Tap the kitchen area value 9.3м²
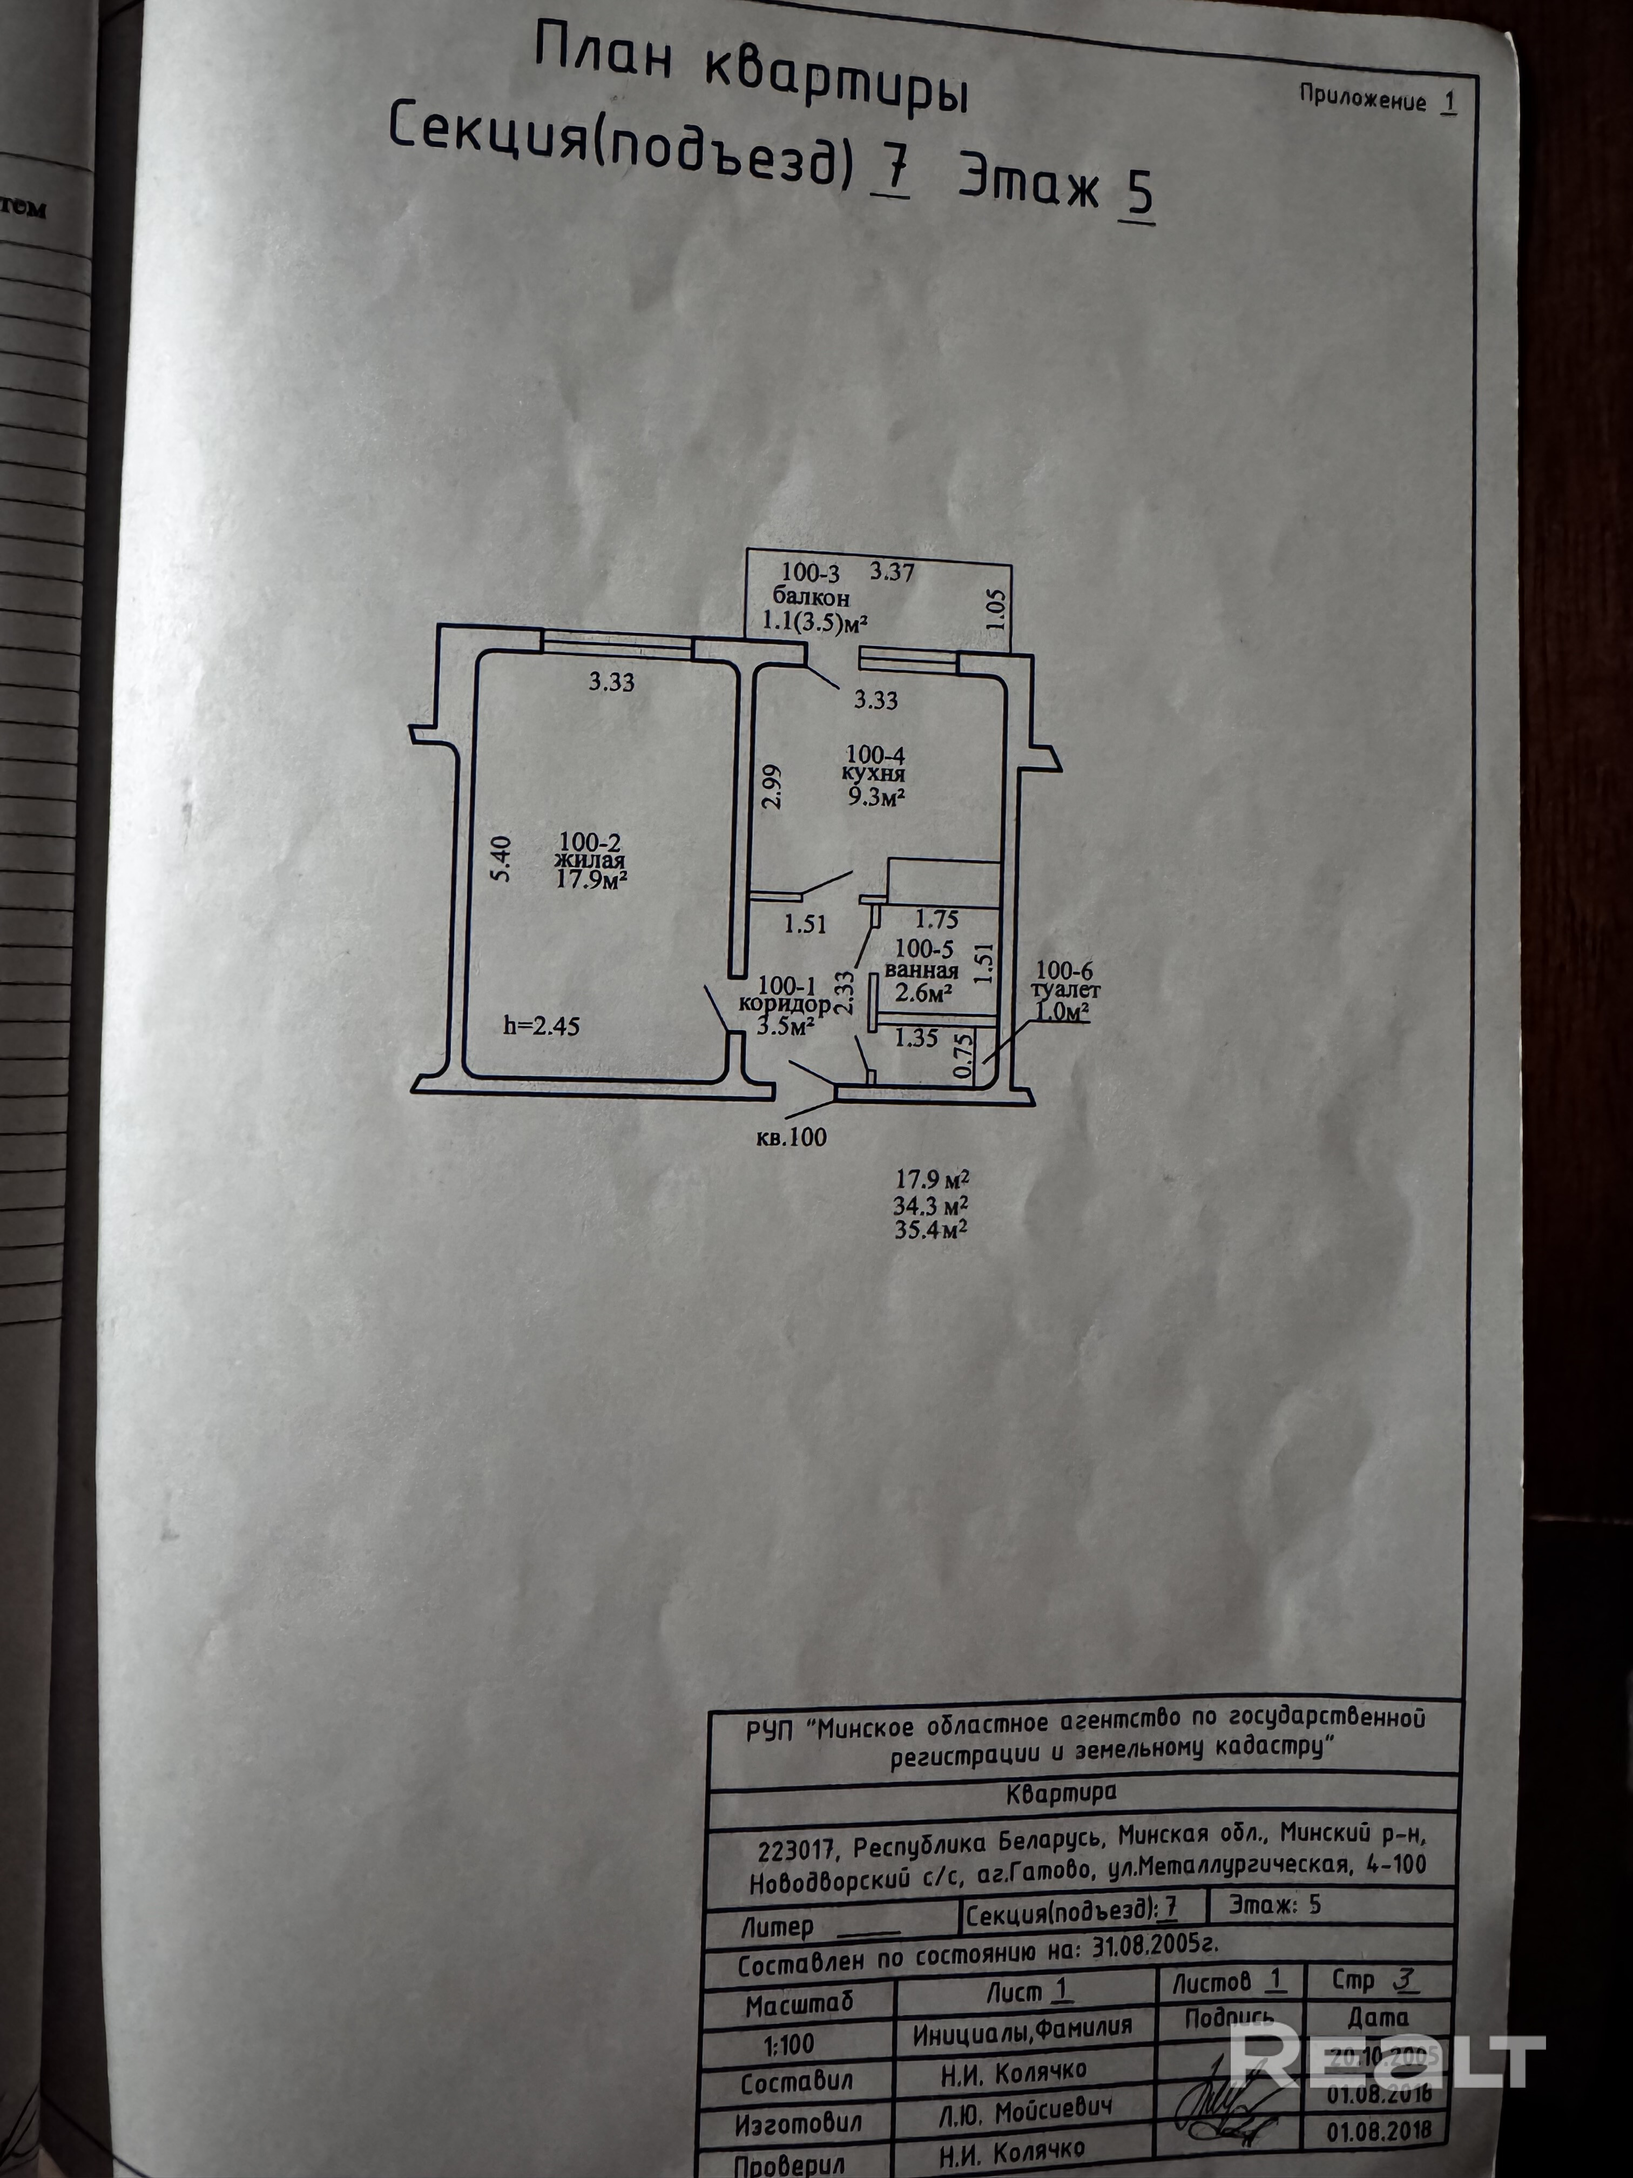point(877,797)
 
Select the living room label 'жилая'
point(590,862)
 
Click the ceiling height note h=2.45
point(542,1026)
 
